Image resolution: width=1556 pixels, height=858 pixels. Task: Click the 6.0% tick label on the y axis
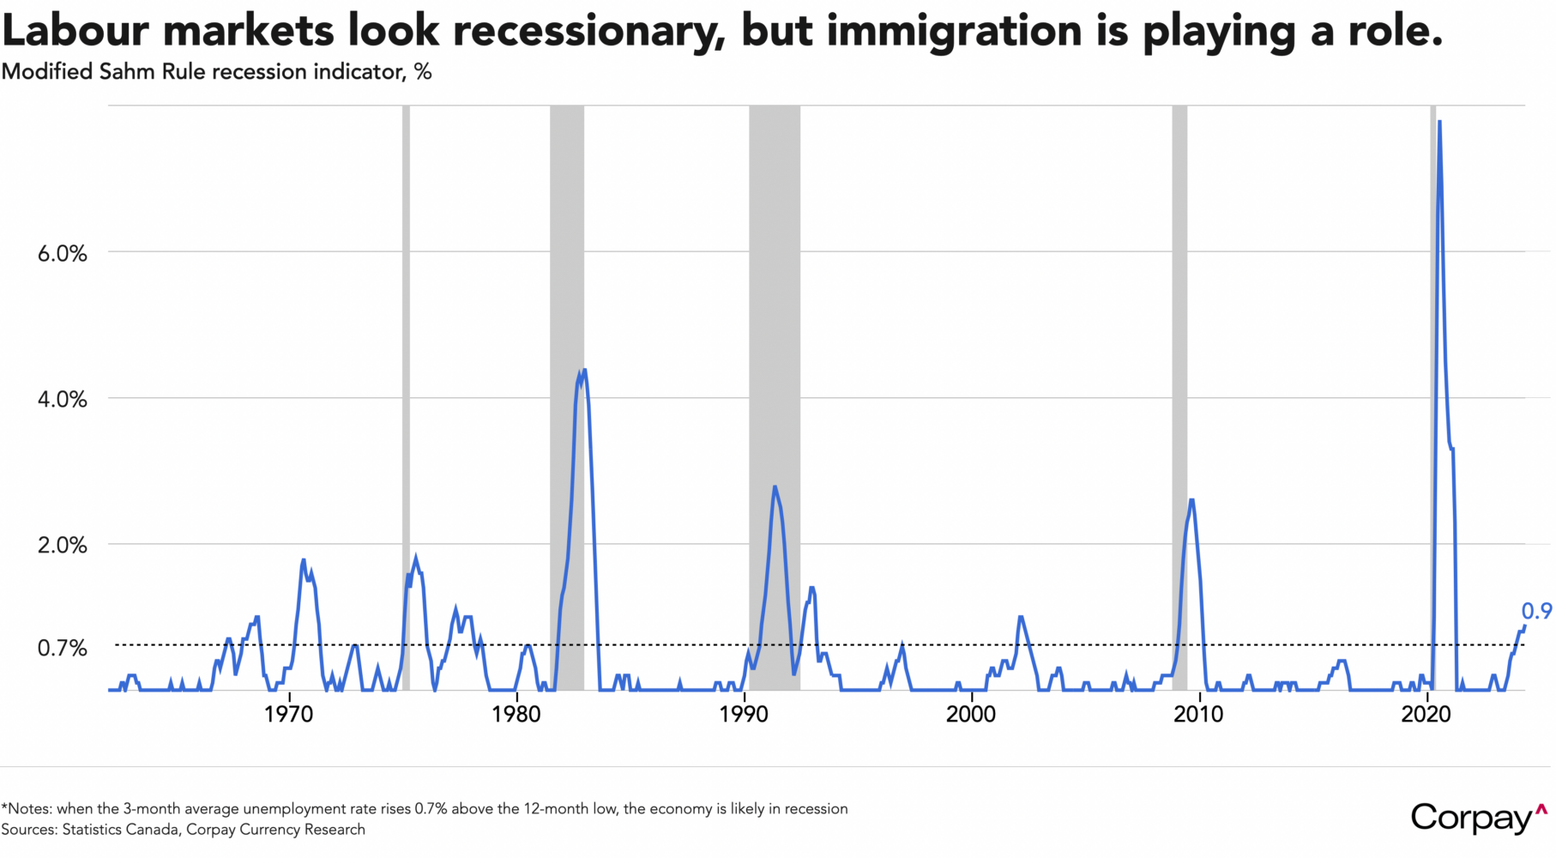[x=63, y=254]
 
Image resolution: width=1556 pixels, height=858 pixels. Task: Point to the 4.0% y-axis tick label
[x=63, y=400]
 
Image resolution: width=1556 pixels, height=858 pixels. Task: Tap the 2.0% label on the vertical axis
[x=63, y=546]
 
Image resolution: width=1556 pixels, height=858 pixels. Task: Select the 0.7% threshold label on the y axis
[x=63, y=648]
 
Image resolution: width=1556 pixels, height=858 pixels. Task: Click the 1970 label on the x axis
[x=289, y=714]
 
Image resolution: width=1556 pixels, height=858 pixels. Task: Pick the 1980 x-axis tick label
[x=516, y=714]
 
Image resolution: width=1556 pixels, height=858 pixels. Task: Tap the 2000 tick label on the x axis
[x=971, y=714]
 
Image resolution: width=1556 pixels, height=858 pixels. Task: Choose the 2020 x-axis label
[x=1426, y=714]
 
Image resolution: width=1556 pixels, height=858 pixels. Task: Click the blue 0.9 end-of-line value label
[x=1536, y=611]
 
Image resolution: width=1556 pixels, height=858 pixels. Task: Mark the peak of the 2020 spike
[x=1439, y=122]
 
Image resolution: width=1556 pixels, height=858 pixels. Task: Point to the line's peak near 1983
[x=584, y=370]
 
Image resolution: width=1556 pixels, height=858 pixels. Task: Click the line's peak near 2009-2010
[x=1191, y=499]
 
